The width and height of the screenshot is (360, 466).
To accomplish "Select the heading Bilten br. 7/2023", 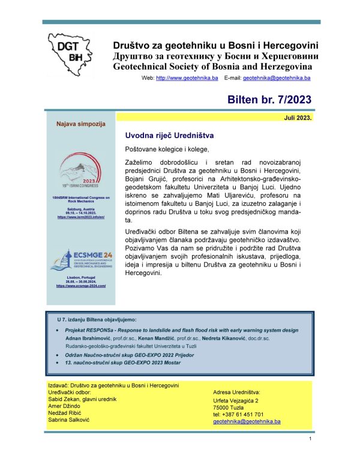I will (x=270, y=100).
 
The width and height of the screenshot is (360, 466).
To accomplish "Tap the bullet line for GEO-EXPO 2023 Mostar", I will (x=136, y=365).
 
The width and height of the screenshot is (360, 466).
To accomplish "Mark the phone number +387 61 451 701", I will (x=238, y=414).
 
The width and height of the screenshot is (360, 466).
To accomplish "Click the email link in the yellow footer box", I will (x=247, y=422).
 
